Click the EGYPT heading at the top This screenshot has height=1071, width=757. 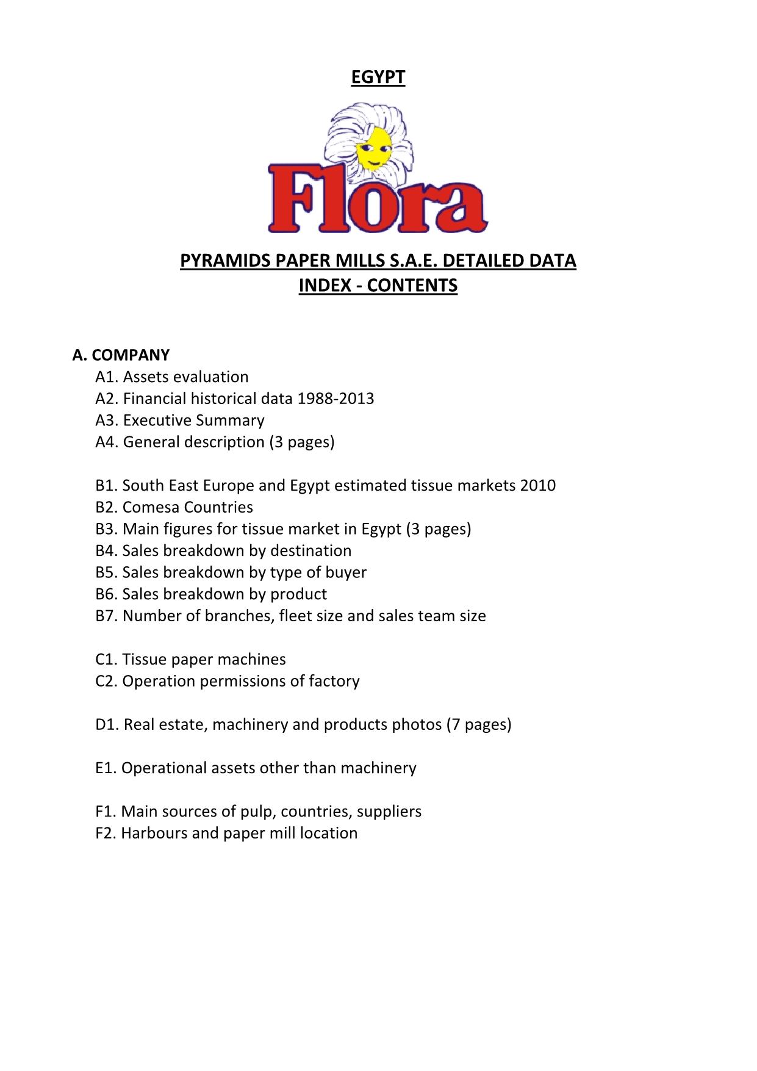378,77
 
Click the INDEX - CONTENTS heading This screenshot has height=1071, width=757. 378,285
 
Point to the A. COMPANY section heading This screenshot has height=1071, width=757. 121,355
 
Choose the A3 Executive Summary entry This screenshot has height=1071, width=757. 180,420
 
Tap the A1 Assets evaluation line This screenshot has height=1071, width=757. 172,377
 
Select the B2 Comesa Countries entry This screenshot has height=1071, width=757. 174,507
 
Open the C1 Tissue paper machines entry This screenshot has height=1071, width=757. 190,660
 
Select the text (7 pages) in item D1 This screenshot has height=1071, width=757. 479,724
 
